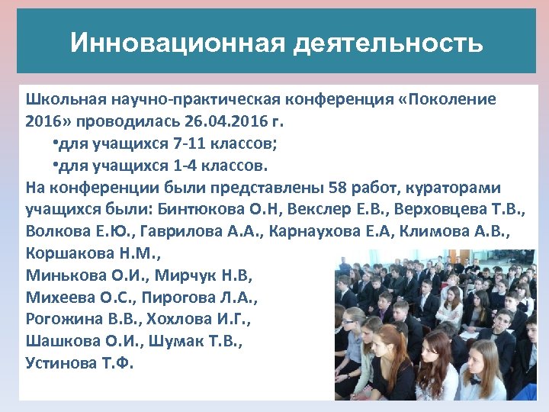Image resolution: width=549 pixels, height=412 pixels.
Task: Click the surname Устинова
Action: (61, 362)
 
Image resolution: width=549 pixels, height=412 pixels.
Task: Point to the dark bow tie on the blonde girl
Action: (475, 381)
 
